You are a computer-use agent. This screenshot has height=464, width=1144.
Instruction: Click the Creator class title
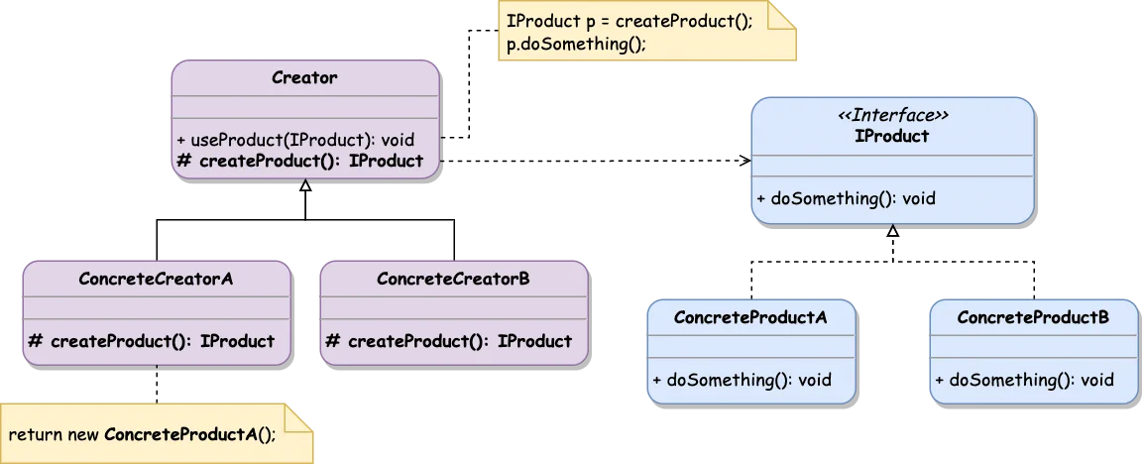tap(304, 78)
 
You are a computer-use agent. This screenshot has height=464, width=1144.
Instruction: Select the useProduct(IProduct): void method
tap(294, 140)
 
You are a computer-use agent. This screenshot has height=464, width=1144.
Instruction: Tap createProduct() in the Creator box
tap(299, 161)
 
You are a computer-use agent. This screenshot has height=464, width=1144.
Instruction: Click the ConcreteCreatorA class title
tap(156, 279)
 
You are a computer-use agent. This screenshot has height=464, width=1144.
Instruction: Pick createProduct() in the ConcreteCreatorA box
tap(152, 341)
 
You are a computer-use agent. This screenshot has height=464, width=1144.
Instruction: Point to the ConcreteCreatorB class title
tap(453, 279)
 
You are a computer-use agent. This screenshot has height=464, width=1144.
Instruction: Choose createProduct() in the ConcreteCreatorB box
tap(449, 341)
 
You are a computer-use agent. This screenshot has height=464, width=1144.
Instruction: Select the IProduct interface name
tap(892, 136)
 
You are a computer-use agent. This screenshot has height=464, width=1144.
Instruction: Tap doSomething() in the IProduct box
tap(846, 198)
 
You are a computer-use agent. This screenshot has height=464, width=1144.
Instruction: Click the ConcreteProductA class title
tap(750, 317)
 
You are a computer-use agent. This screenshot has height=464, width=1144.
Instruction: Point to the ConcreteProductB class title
tap(1033, 317)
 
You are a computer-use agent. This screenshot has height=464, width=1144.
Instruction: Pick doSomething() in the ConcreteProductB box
tap(1024, 380)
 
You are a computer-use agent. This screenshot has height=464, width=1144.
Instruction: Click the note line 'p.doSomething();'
tap(569, 45)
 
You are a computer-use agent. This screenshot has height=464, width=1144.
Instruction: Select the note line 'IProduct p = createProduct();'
tap(629, 21)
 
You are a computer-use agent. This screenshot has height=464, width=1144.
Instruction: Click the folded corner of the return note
tap(302, 417)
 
